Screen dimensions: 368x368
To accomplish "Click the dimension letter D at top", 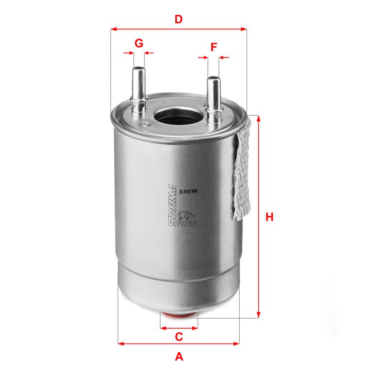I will pos(178,19).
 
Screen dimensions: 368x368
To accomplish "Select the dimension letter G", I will pos(138,43).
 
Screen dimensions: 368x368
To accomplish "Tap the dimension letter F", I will pos(213,47).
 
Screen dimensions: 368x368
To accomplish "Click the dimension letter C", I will pos(179,337).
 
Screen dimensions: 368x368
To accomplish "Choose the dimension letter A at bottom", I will pos(179,356).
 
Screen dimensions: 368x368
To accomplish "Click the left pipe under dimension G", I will pos(138,87).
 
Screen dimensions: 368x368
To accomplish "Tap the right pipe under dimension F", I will pos(213,97).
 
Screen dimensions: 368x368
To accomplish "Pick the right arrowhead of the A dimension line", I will pos(237,343).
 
